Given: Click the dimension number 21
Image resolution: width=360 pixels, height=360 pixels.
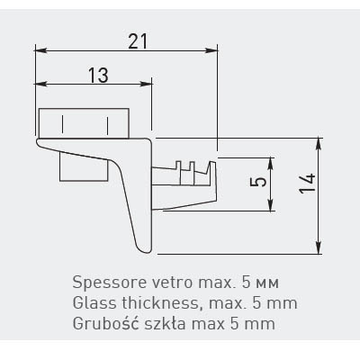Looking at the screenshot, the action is tap(138, 41).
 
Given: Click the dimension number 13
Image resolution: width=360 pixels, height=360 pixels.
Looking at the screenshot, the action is tap(98, 75).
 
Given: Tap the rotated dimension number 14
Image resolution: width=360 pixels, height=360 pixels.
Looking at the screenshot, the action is tap(308, 183).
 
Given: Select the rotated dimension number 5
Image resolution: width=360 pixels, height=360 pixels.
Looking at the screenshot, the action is tap(258, 182).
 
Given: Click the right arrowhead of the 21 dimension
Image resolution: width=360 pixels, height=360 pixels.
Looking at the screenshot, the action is tap(212, 50).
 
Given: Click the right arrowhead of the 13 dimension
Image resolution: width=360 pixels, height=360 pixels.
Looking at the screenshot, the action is tap(147, 84).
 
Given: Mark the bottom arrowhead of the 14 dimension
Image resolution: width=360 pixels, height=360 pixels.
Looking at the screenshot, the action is tap(319, 248).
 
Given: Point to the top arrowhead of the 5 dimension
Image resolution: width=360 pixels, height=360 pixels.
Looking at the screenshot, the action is tap(271, 163).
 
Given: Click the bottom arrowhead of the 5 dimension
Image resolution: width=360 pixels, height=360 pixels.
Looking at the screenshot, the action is tap(271, 205).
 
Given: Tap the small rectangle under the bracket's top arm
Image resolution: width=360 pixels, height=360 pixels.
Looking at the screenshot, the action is tap(84, 166).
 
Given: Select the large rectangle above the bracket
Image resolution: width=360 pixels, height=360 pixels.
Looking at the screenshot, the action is tap(85, 123).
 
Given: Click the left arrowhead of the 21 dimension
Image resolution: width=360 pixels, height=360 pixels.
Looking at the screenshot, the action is tap(40, 50).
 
